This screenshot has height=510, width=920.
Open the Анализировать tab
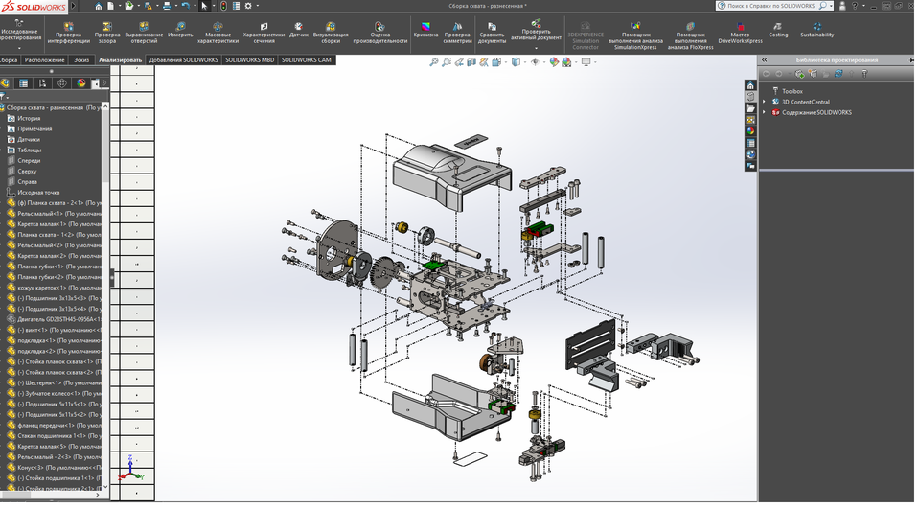click(121, 59)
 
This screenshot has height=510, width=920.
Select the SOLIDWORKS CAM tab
click(307, 59)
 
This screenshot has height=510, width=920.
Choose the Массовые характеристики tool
click(218, 31)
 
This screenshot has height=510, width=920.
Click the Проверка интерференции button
click(69, 31)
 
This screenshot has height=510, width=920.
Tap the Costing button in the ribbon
click(778, 29)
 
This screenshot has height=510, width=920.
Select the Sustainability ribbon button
click(817, 29)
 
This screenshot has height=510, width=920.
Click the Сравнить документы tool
click(492, 31)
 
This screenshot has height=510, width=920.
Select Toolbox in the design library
click(793, 91)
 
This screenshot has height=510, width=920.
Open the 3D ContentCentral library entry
click(805, 102)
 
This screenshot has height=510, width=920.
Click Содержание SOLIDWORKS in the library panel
click(816, 112)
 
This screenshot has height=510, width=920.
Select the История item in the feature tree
click(29, 118)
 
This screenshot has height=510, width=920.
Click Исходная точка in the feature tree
click(37, 192)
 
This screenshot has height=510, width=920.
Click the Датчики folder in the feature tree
click(29, 139)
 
